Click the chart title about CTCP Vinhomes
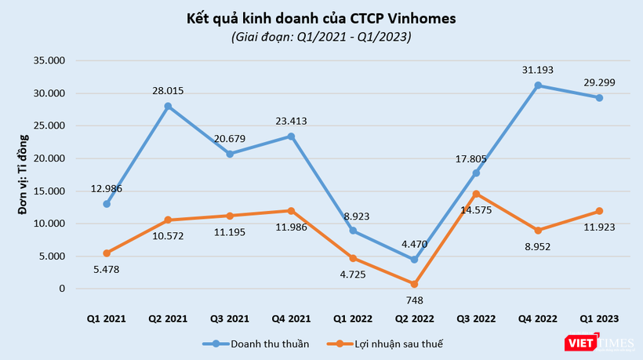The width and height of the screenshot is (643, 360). pos(321,17)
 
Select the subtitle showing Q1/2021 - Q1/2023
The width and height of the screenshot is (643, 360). pos(321,37)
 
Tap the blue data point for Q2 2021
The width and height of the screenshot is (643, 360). pos(168,106)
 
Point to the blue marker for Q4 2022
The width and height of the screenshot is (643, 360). pos(538,85)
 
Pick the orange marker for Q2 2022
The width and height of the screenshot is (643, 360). pos(415,284)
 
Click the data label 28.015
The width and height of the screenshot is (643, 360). pos(168,91)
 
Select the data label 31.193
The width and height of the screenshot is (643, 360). pos(538,70)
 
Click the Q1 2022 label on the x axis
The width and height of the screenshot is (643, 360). pos(354,318)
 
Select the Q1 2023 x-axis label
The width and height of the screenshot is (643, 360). pos(600,318)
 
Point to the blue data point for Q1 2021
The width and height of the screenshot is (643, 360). pos(106,204)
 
